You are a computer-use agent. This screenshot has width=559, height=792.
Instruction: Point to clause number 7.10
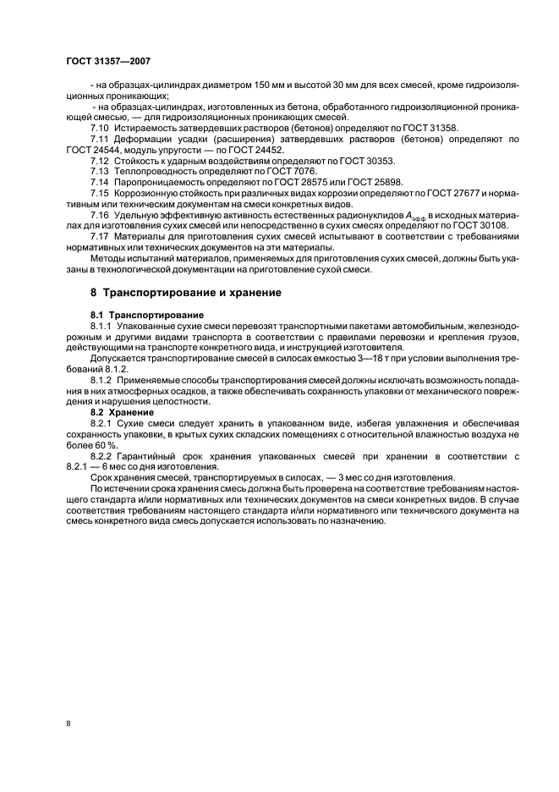pyautogui.click(x=100, y=126)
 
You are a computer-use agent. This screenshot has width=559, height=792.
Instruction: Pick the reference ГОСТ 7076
pyautogui.click(x=270, y=171)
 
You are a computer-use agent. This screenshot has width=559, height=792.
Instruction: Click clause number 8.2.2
pyautogui.click(x=101, y=455)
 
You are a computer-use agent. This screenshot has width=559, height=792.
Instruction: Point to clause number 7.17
pyautogui.click(x=100, y=236)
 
